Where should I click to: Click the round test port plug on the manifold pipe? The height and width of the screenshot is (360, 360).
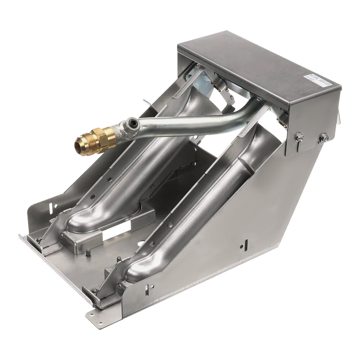[134, 125]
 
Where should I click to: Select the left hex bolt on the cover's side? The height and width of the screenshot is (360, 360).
[298, 137]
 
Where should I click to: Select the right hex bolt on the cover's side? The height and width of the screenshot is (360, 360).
[324, 138]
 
